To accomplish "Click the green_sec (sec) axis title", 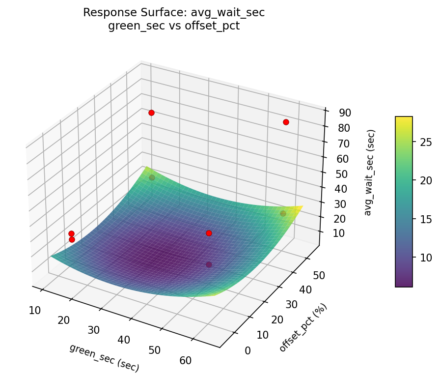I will point(104,357).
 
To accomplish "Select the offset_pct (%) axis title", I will point(303,328).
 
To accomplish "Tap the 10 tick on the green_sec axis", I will point(34,310).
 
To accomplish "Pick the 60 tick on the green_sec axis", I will point(185,360).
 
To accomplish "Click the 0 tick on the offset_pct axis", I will point(247,350).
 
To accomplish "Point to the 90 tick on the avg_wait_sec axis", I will point(345,113).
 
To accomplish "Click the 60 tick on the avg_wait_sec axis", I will point(343,158).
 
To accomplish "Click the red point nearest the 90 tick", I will point(286,122).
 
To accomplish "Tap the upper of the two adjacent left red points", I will point(71,233).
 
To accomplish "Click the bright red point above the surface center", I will point(209,233).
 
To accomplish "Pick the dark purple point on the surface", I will point(209,264).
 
